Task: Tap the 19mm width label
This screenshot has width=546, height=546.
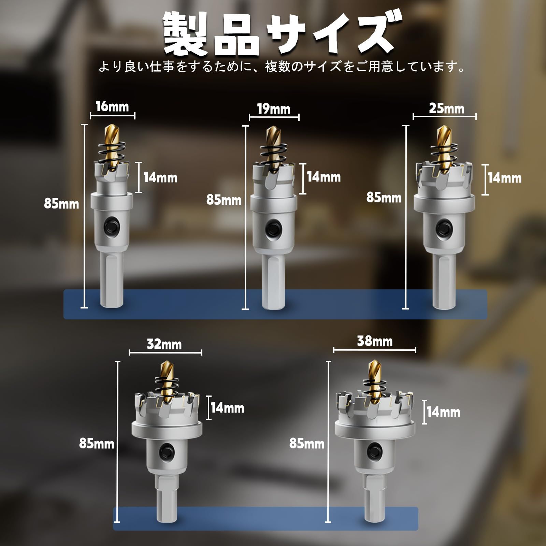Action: (x=274, y=109)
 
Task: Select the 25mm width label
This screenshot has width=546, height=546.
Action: (x=446, y=109)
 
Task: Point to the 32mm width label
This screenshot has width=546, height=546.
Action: (x=164, y=344)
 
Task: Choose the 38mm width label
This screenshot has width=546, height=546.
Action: (x=375, y=341)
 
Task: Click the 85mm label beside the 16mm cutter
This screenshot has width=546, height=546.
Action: (x=61, y=204)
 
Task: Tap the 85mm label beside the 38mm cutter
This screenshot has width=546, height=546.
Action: (x=307, y=443)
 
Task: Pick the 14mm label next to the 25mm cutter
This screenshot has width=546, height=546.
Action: (x=504, y=178)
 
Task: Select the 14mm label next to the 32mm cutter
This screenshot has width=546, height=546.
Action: (x=227, y=408)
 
